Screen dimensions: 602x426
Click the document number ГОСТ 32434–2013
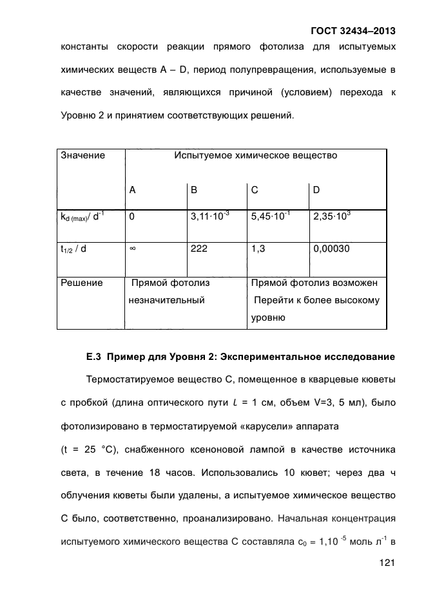click(353, 30)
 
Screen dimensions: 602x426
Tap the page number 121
click(386, 563)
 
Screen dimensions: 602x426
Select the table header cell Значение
click(82, 156)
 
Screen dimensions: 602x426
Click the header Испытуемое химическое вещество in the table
click(255, 156)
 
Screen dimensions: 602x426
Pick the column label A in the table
click(132, 190)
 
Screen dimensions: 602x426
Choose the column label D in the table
click(316, 190)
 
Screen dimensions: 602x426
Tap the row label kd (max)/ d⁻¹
click(82, 218)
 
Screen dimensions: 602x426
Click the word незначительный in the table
click(166, 300)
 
